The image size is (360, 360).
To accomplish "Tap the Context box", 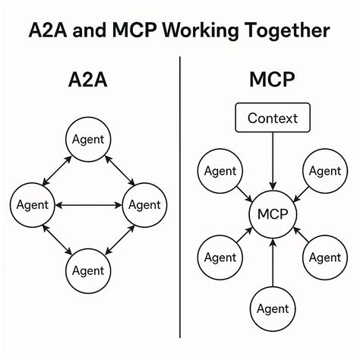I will (x=272, y=118).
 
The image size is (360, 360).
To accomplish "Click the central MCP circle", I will (x=272, y=214).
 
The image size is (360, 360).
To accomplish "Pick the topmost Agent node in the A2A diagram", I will (x=88, y=140).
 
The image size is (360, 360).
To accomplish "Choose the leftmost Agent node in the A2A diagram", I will (x=32, y=204).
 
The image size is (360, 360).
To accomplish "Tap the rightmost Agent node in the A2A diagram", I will (x=144, y=204).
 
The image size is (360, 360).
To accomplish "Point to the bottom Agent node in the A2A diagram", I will (x=88, y=270).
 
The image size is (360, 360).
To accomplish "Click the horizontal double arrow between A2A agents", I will (x=88, y=204).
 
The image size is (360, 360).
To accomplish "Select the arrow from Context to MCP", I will (x=272, y=161).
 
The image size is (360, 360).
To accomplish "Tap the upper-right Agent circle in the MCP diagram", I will (x=324, y=171).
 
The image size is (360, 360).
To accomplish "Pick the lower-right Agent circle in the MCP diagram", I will (x=324, y=257).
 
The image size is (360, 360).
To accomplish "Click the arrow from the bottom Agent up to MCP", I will (x=272, y=262).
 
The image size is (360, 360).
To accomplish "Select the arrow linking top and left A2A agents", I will (x=57, y=169).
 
